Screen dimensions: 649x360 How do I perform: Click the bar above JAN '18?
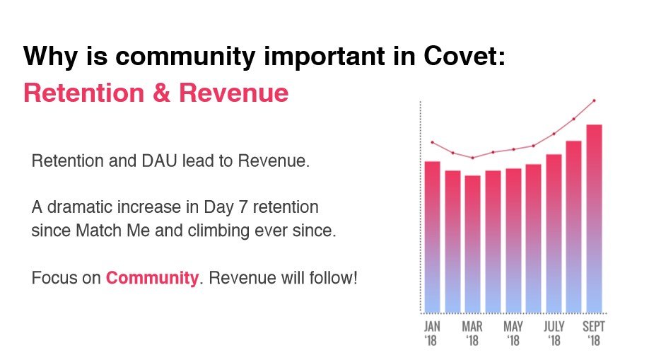[432, 237]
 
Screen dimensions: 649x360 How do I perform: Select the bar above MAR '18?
[473, 244]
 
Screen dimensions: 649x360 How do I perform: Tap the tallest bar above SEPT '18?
[595, 219]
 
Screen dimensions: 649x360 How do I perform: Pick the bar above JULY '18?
[554, 233]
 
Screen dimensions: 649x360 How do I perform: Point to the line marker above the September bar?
[595, 100]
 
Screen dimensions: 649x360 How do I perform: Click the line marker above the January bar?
[433, 142]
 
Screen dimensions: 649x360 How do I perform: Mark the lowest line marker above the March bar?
[473, 158]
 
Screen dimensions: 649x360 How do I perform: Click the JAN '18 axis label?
[432, 334]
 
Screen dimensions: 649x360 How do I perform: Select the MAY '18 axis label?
[513, 334]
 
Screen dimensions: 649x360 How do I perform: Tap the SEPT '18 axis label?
[594, 334]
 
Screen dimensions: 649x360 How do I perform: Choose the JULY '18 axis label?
[554, 334]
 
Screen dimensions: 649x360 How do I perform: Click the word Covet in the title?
[464, 55]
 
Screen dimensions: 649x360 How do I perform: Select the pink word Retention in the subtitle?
[84, 93]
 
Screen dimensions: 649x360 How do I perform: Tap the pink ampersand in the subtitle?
[161, 93]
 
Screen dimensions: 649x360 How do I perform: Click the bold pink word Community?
[152, 278]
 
